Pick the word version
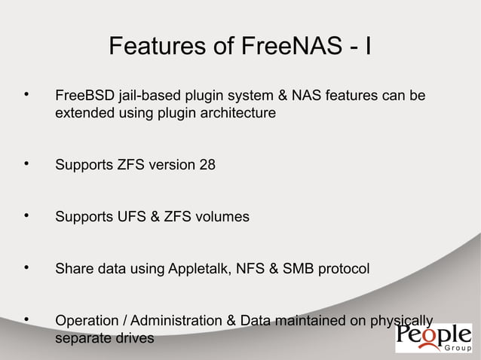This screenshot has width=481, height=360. click(x=169, y=165)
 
